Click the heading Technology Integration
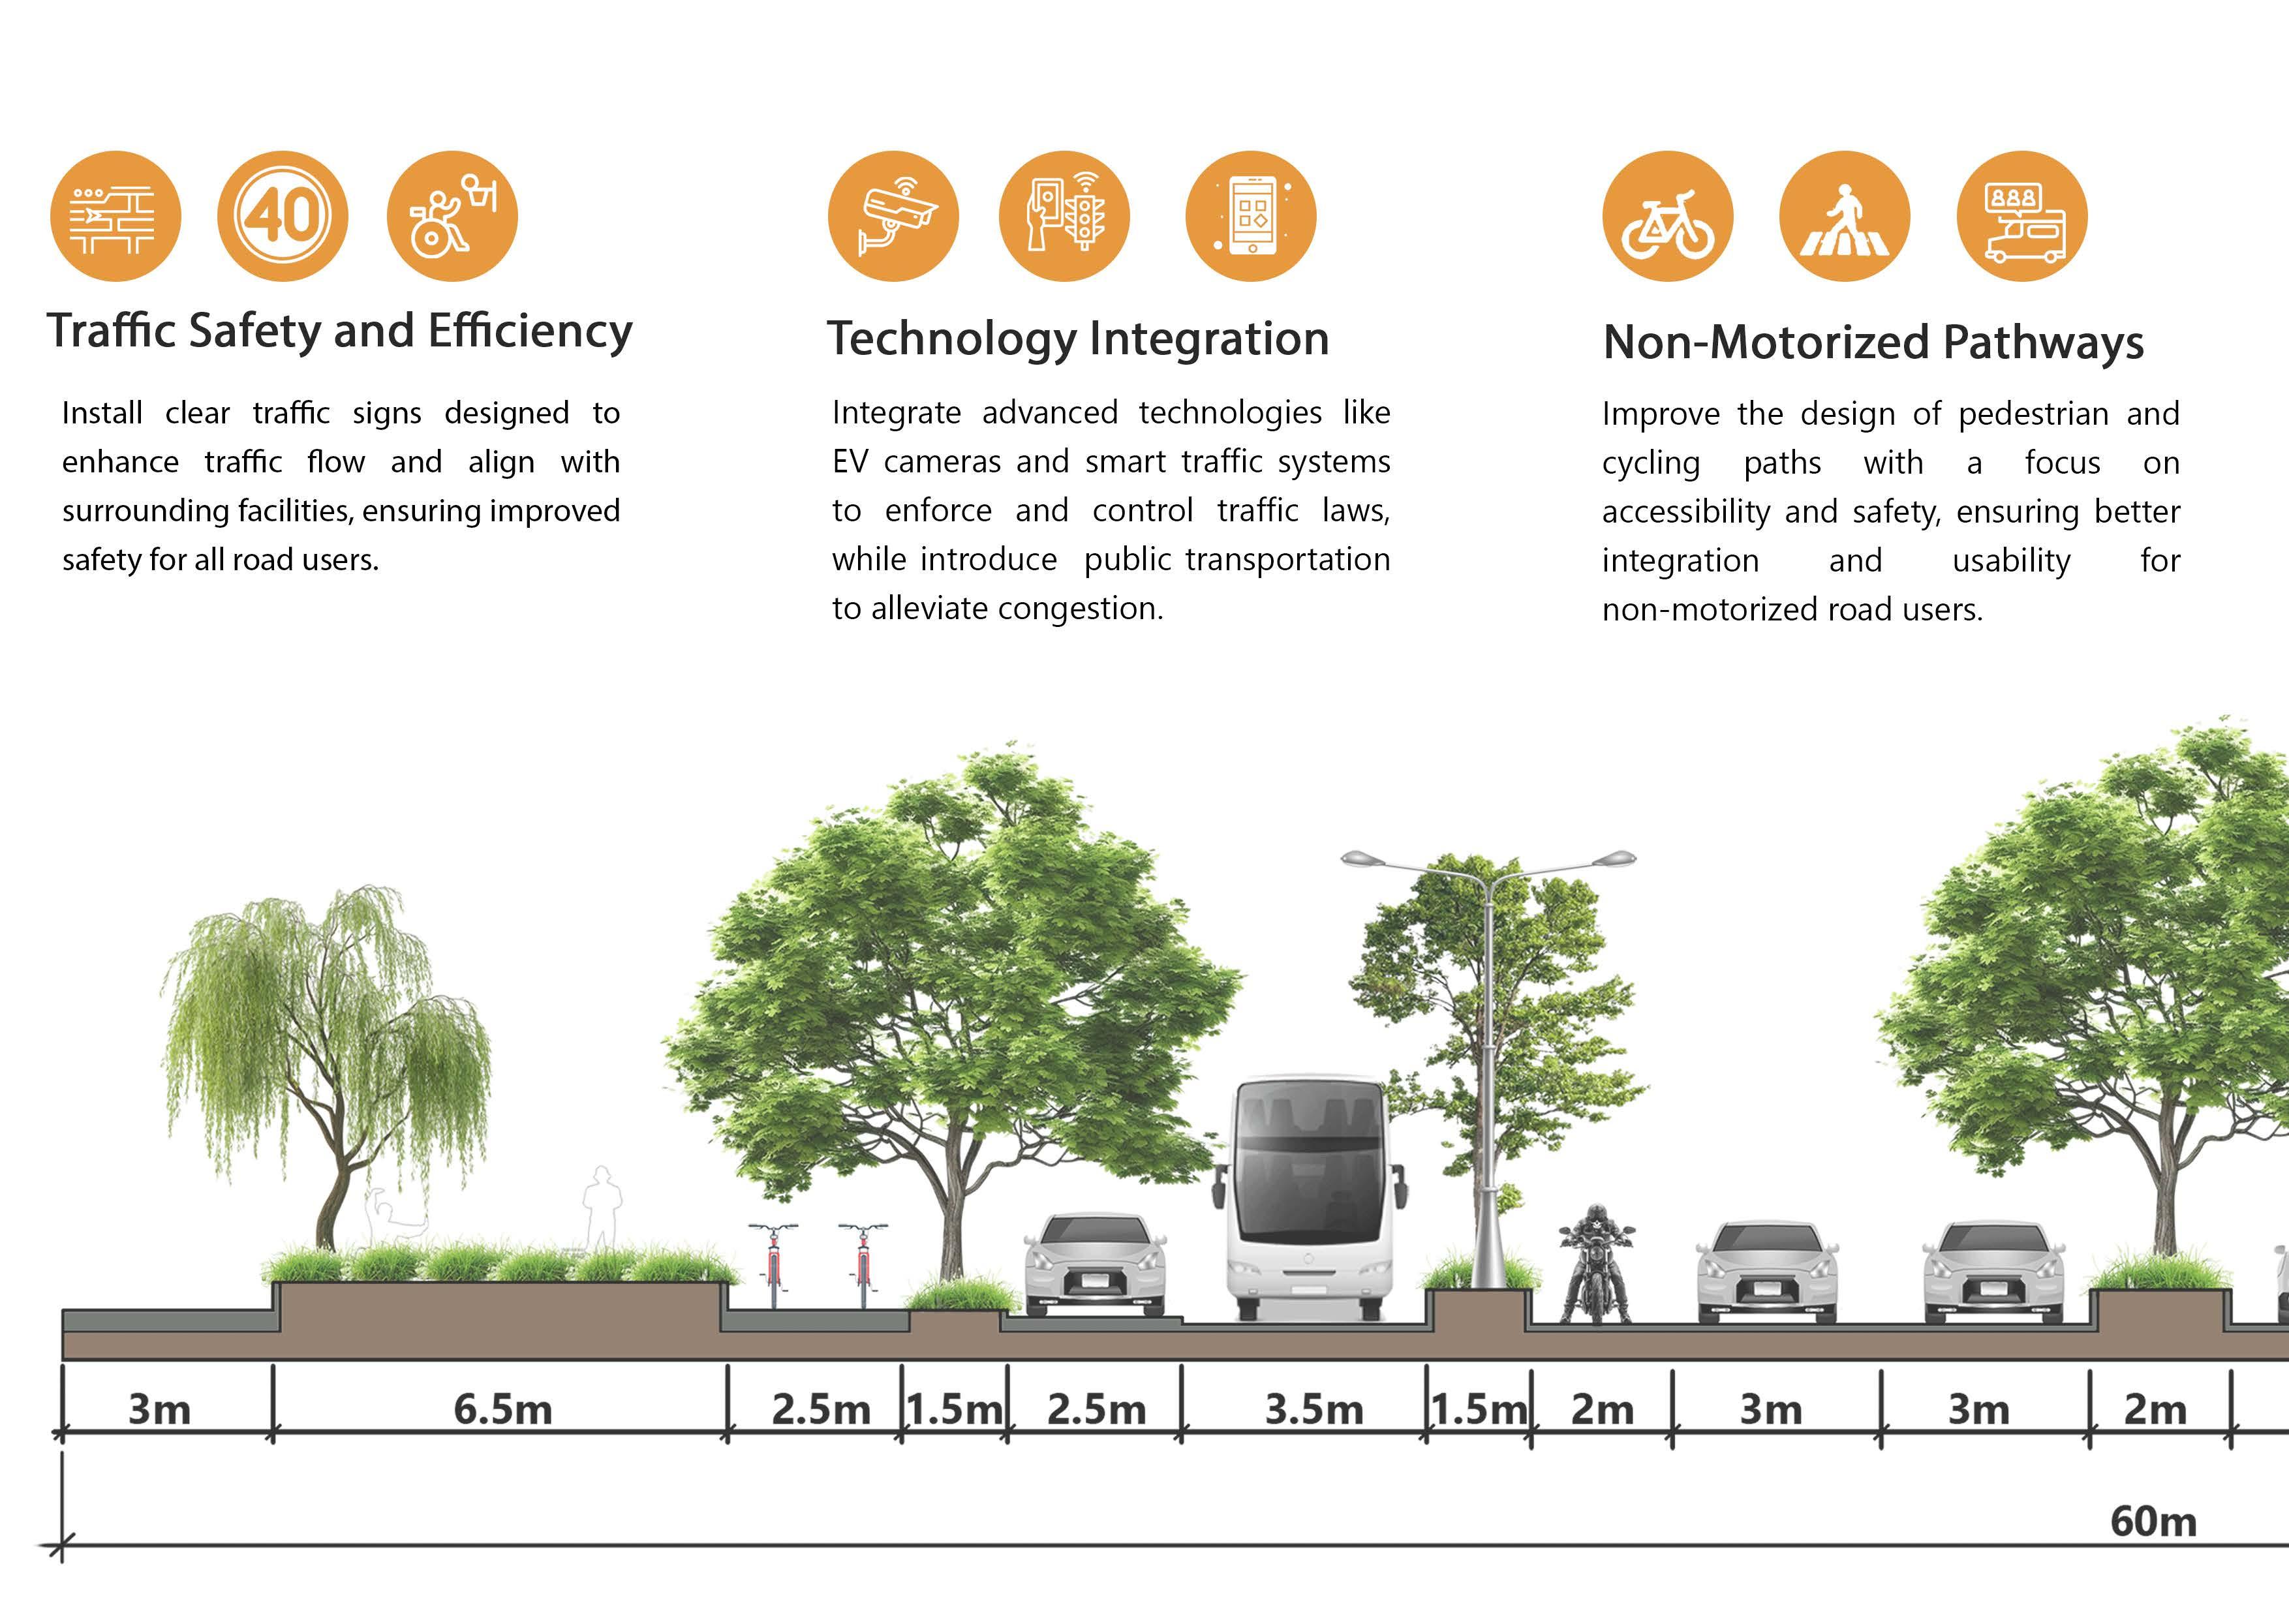tap(1078, 339)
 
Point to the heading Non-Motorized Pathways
tap(1872, 342)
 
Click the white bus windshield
tap(1308, 1191)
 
